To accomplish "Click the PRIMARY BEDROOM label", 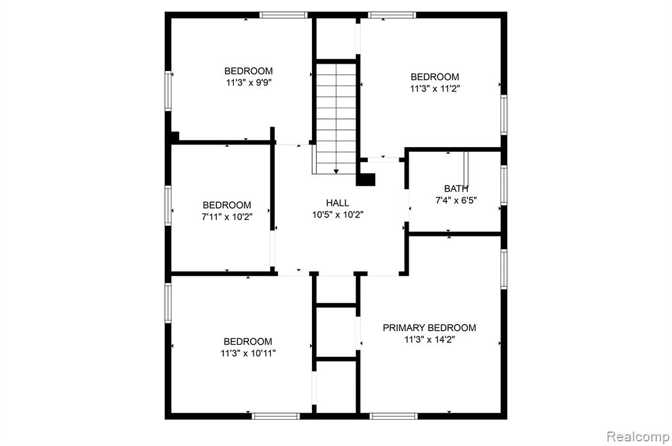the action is click(429, 328).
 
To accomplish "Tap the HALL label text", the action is click(337, 203).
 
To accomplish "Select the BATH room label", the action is click(456, 189).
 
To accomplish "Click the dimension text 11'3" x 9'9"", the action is click(250, 83).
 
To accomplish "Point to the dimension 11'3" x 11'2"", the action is click(435, 89).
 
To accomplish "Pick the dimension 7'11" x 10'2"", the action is click(227, 217).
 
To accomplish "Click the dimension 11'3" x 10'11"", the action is click(248, 353).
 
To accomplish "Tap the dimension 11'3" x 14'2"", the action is click(430, 340).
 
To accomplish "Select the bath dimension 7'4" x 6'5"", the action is click(456, 200).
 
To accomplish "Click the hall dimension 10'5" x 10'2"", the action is click(338, 215).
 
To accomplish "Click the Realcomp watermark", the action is click(638, 437).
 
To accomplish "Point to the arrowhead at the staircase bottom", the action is click(336, 171).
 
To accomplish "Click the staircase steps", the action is click(336, 118).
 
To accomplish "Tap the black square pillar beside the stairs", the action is click(366, 179).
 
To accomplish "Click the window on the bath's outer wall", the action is click(504, 185).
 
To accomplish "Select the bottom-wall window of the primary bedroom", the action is click(393, 416).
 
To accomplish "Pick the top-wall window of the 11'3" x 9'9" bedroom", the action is click(283, 15).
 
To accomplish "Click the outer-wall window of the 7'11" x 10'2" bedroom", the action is click(168, 206).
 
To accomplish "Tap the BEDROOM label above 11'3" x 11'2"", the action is click(435, 77).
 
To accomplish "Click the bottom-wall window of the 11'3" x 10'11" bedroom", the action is click(276, 416).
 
